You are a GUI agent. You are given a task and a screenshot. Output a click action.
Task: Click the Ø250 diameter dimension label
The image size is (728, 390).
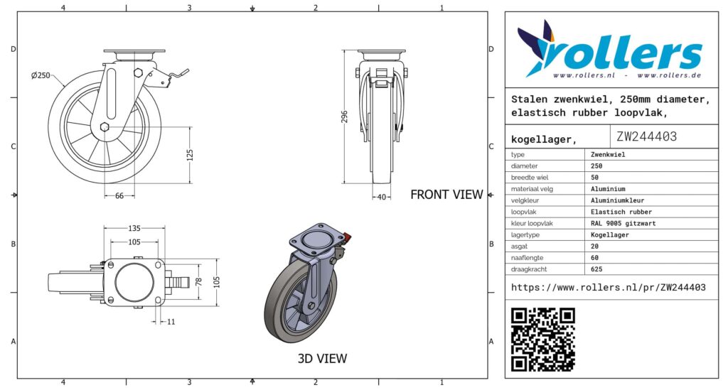click(x=41, y=75)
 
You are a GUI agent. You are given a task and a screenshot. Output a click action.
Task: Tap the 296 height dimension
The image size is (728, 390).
click(x=344, y=117)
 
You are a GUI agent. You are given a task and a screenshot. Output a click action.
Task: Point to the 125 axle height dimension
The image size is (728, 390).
click(x=190, y=155)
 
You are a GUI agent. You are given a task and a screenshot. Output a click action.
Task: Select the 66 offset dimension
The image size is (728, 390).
click(x=119, y=196)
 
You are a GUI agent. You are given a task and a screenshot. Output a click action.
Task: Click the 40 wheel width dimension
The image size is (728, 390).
click(x=382, y=197)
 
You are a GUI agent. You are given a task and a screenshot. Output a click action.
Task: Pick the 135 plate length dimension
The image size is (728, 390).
click(x=134, y=228)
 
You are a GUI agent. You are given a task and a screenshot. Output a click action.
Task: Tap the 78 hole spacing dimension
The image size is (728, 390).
click(x=199, y=281)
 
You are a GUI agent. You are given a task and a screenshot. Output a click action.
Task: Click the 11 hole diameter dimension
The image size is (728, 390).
click(x=171, y=322)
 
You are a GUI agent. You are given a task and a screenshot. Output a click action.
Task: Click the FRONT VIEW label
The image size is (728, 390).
click(x=446, y=195)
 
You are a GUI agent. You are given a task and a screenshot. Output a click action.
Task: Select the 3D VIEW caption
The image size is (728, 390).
click(x=322, y=359)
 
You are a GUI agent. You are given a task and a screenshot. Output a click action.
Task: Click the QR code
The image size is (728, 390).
click(x=543, y=340)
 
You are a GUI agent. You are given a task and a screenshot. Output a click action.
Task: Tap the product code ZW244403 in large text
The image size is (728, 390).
click(x=647, y=136)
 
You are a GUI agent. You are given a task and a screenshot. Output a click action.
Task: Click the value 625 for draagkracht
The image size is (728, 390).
click(x=596, y=269)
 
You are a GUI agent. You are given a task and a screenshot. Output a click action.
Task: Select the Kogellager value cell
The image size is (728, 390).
click(x=609, y=235)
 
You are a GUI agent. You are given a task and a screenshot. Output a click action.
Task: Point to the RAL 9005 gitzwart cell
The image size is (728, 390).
click(x=623, y=224)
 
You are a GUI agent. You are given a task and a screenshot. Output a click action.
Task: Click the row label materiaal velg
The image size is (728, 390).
click(x=532, y=189)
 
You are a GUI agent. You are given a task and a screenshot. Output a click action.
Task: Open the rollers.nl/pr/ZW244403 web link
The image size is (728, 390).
click(x=609, y=288)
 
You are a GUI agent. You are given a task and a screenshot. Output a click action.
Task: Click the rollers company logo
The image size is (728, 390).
click(x=609, y=49)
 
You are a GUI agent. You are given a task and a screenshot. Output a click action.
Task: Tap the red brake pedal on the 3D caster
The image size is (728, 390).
click(x=346, y=239)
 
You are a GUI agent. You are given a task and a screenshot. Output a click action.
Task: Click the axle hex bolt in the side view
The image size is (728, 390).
click(x=105, y=127)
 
